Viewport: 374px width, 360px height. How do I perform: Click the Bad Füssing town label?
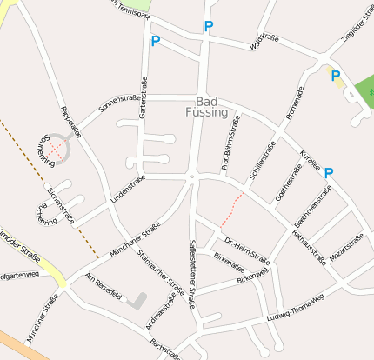pos(206,107)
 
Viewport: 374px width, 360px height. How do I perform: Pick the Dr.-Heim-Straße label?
pos(246,250)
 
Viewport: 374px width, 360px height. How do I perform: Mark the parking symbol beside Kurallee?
pos(329,173)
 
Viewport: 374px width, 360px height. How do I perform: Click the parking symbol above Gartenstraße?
pos(156,41)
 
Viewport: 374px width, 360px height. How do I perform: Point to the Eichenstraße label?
pos(62,204)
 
